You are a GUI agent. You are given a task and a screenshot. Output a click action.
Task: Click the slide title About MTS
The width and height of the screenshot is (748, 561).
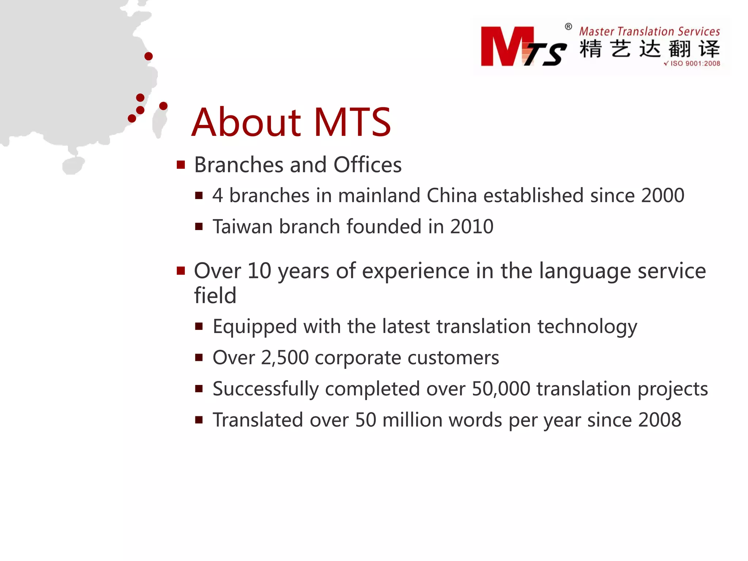pyautogui.click(x=291, y=122)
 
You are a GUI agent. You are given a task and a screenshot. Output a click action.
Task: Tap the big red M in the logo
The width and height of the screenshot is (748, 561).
pyautogui.click(x=506, y=46)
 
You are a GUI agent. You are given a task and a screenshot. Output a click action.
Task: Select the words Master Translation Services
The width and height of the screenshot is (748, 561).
pyautogui.click(x=649, y=31)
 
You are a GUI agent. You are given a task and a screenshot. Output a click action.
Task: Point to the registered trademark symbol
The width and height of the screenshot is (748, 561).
pyautogui.click(x=568, y=27)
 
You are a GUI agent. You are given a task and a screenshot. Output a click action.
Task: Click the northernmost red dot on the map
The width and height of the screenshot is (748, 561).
pyautogui.click(x=148, y=56)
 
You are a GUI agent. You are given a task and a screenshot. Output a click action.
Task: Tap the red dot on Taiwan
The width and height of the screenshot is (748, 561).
pyautogui.click(x=163, y=106)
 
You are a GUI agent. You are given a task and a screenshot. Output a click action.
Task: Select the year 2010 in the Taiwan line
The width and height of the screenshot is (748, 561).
pyautogui.click(x=472, y=226)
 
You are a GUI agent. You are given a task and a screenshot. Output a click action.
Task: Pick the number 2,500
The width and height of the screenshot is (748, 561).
pyautogui.click(x=285, y=358)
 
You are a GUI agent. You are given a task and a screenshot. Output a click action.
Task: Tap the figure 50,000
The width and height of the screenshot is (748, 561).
pyautogui.click(x=501, y=389)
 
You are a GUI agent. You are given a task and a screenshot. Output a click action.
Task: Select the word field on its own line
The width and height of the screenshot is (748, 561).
pyautogui.click(x=215, y=295)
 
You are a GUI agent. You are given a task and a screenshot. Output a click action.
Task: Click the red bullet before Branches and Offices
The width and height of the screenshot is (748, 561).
pyautogui.click(x=181, y=165)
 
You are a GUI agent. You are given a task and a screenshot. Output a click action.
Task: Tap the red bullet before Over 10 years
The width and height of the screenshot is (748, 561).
pyautogui.click(x=181, y=271)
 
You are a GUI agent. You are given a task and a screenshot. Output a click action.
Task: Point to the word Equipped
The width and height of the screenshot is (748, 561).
pyautogui.click(x=255, y=327)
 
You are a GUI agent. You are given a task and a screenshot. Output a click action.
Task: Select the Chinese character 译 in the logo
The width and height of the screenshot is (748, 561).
pyautogui.click(x=709, y=49)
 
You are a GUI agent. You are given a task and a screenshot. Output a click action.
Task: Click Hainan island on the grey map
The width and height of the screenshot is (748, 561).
pyautogui.click(x=73, y=166)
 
